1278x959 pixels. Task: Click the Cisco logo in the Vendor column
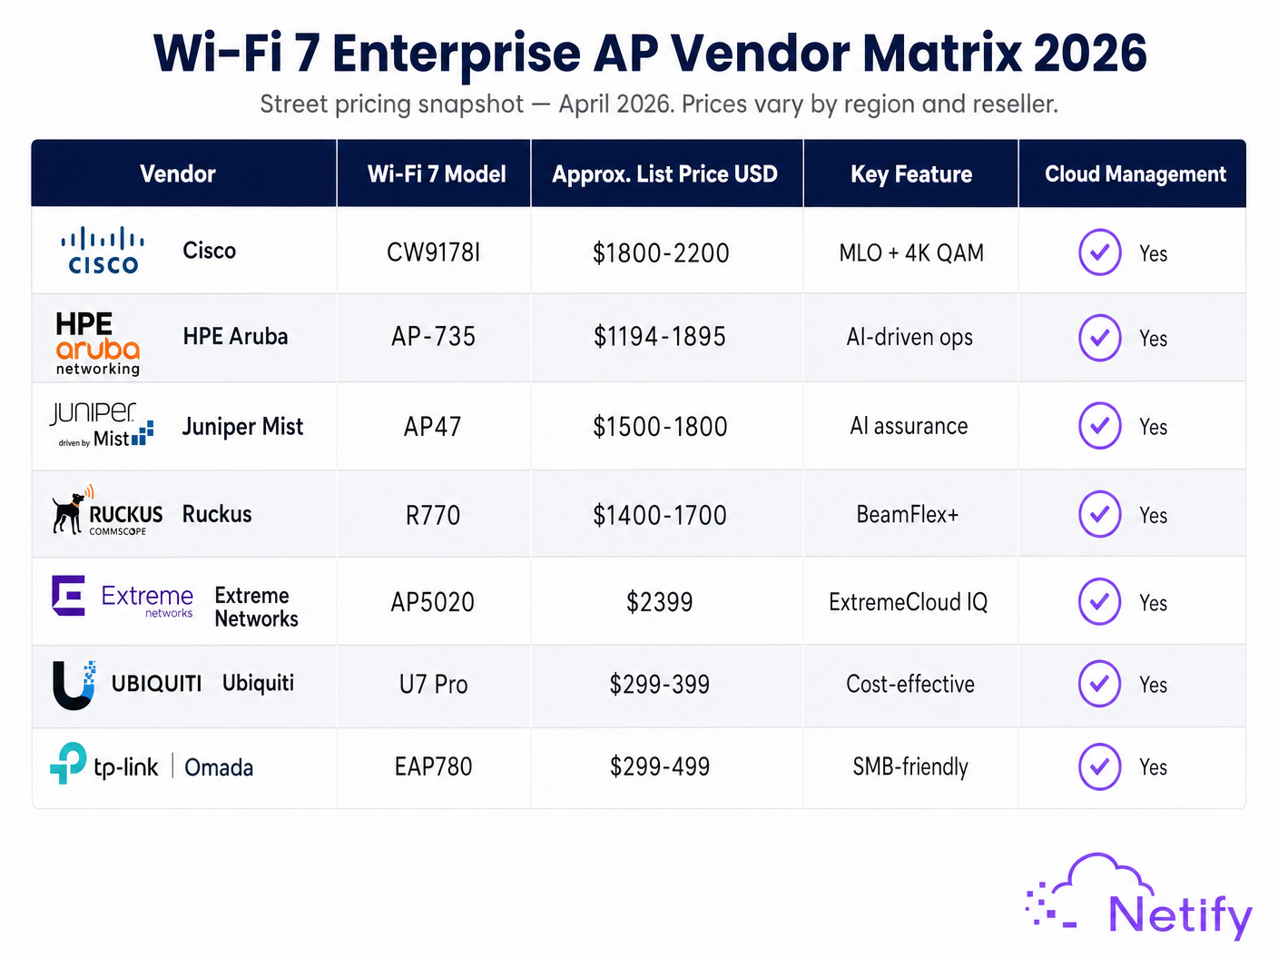point(103,251)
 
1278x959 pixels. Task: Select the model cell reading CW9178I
point(433,252)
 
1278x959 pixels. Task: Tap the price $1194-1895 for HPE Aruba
point(660,337)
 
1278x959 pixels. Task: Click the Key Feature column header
point(910,174)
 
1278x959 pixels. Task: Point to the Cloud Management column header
point(1135,174)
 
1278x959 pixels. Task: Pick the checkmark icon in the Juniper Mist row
point(1099,426)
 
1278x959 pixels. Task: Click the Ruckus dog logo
point(69,513)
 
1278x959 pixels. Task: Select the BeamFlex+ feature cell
point(908,515)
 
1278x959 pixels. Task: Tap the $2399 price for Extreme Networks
point(660,602)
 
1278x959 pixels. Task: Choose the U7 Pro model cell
point(433,685)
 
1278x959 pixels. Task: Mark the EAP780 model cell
point(433,767)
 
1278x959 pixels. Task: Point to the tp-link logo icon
point(68,763)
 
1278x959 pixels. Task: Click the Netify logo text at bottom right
point(1179,915)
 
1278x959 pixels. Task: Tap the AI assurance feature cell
point(909,426)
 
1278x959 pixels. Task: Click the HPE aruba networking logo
point(97,343)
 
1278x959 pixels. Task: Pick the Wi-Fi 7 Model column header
point(437,174)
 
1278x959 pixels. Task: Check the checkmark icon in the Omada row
point(1099,766)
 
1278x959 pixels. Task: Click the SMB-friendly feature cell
point(910,767)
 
